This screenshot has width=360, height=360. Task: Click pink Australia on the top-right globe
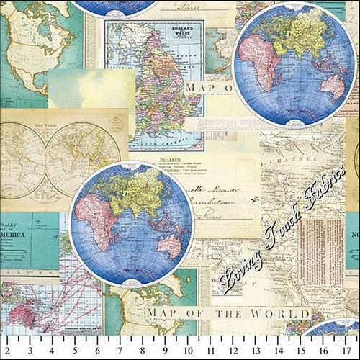coord(333,87)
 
